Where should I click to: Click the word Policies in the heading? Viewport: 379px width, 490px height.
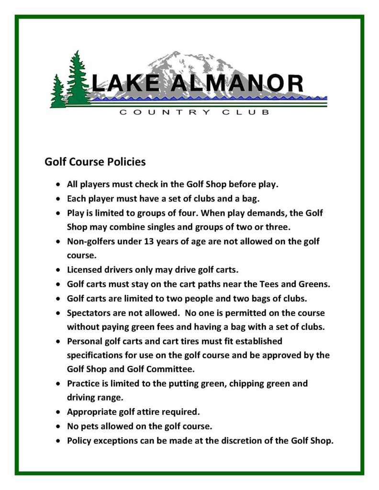(x=126, y=162)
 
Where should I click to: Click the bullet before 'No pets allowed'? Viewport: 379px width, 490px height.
(x=58, y=426)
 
